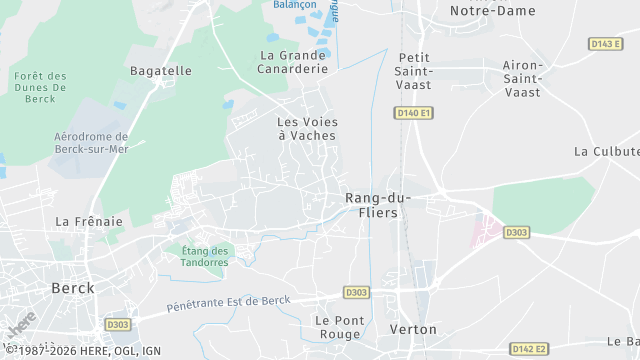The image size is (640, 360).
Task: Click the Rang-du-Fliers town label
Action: (371, 205)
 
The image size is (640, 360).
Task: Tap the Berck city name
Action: (72, 288)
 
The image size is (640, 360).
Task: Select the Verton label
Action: (412, 329)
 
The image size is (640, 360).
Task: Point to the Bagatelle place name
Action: (160, 71)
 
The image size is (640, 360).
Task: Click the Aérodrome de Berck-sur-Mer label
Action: (91, 143)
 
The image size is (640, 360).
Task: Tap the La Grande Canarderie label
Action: (293, 62)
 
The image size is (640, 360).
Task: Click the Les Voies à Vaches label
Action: (306, 128)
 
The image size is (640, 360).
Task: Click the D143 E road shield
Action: (604, 44)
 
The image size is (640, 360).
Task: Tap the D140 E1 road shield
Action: (414, 113)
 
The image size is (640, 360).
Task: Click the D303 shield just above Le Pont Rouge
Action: (356, 292)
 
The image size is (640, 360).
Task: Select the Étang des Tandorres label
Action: (205, 256)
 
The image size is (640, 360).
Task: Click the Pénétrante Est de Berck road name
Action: (228, 302)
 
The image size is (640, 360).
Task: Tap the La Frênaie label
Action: (89, 221)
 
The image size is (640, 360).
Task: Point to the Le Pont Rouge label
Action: (337, 327)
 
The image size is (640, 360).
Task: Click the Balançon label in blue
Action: (295, 5)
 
